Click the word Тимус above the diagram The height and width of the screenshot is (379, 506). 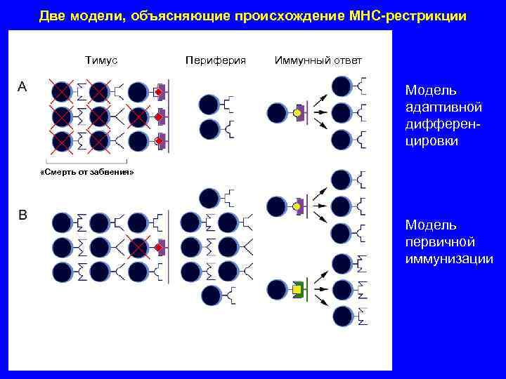tap(100, 60)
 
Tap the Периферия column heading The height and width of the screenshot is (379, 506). tap(215, 60)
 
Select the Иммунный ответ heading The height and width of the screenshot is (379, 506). tap(318, 60)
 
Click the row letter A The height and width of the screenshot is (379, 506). tap(22, 86)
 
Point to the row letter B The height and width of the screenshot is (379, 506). tap(22, 215)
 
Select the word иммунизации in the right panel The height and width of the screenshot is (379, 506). tap(448, 259)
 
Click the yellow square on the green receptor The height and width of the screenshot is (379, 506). tap(297, 288)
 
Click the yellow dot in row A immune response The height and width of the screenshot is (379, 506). tap(297, 112)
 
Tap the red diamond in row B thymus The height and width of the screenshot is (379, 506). tap(160, 248)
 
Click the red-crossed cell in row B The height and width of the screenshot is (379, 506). tap(138, 248)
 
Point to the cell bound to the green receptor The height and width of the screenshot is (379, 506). tap(277, 288)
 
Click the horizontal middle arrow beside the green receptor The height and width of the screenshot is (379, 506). tap(319, 288)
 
